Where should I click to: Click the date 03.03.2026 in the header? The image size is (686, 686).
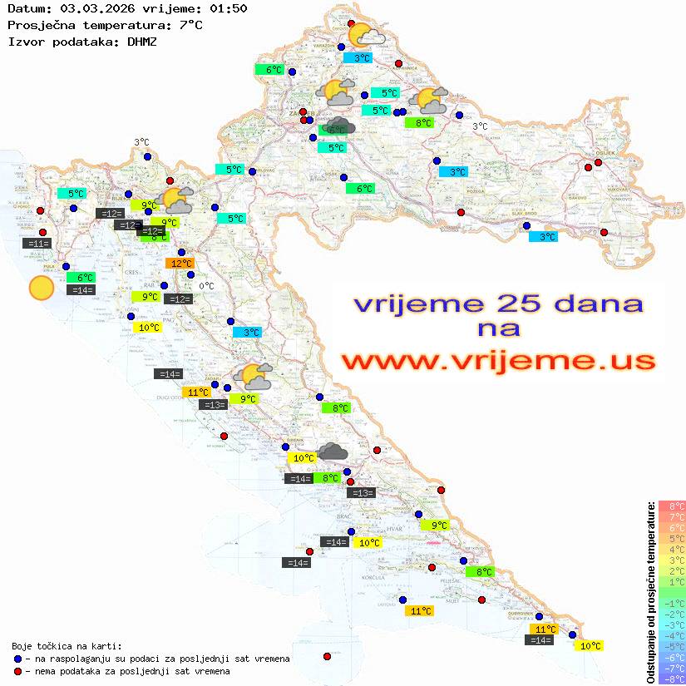[91, 9]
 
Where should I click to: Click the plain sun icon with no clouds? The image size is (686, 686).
[41, 288]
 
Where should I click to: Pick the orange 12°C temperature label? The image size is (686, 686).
[179, 264]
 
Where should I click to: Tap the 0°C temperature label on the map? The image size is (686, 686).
[206, 286]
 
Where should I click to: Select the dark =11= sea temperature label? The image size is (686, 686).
[37, 244]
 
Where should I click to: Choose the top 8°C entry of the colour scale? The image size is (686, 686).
[671, 506]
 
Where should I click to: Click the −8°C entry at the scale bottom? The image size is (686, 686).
[671, 679]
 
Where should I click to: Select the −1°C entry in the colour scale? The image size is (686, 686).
[671, 603]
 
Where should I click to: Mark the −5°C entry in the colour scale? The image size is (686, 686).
[671, 646]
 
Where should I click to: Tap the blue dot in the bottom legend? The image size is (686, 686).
[17, 659]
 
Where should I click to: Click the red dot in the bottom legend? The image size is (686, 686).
[17, 671]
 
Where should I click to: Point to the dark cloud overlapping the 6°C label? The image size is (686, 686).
[340, 126]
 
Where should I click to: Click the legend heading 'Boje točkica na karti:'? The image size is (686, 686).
[67, 646]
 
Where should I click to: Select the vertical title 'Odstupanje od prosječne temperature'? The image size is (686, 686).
[650, 592]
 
